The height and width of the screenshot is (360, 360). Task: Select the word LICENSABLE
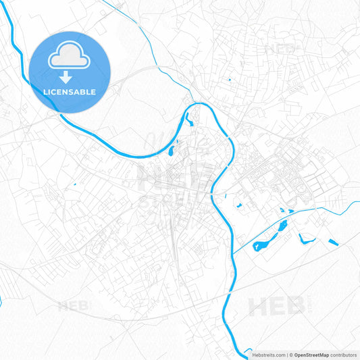tap(70, 92)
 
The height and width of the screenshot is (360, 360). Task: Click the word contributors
tap(344, 355)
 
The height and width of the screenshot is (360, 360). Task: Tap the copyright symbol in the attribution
tap(291, 355)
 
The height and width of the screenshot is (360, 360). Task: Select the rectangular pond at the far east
tap(332, 242)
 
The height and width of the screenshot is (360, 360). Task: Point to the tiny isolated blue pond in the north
tap(229, 80)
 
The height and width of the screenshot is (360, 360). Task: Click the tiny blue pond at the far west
tap(74, 184)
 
